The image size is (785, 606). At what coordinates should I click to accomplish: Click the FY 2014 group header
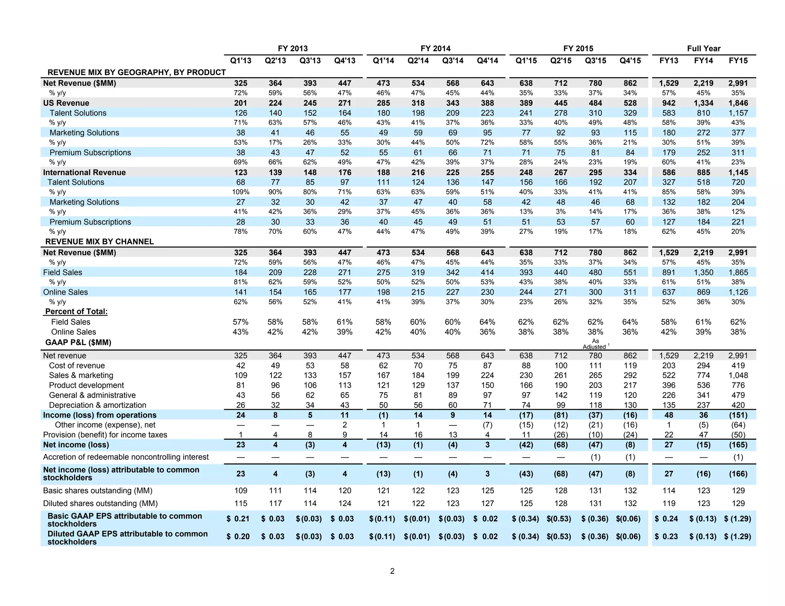[435, 49]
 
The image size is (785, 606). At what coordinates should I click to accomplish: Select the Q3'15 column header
[595, 61]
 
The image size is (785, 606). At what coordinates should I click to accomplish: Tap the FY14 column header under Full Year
[703, 61]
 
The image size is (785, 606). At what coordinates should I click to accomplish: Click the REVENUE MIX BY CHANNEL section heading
[99, 242]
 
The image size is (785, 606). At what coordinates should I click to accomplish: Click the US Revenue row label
[66, 103]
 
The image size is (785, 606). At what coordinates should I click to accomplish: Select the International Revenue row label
[84, 172]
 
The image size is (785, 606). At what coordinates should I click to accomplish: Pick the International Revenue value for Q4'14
[487, 172]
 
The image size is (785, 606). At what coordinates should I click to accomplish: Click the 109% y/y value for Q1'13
[241, 192]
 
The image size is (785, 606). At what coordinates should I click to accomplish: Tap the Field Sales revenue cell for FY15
[738, 272]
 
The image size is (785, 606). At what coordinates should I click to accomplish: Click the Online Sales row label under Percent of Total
[74, 332]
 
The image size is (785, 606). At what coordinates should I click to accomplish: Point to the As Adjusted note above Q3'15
[595, 344]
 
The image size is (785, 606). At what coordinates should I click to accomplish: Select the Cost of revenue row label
[77, 366]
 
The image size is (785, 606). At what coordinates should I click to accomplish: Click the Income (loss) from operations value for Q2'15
[560, 415]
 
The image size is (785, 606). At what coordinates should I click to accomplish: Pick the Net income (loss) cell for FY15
[738, 445]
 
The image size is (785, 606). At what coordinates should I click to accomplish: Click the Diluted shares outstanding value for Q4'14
[487, 504]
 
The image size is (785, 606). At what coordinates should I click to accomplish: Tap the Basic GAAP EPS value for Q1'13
[238, 519]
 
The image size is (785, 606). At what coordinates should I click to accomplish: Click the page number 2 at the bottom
[392, 571]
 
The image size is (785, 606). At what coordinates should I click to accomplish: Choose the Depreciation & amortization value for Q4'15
[630, 405]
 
